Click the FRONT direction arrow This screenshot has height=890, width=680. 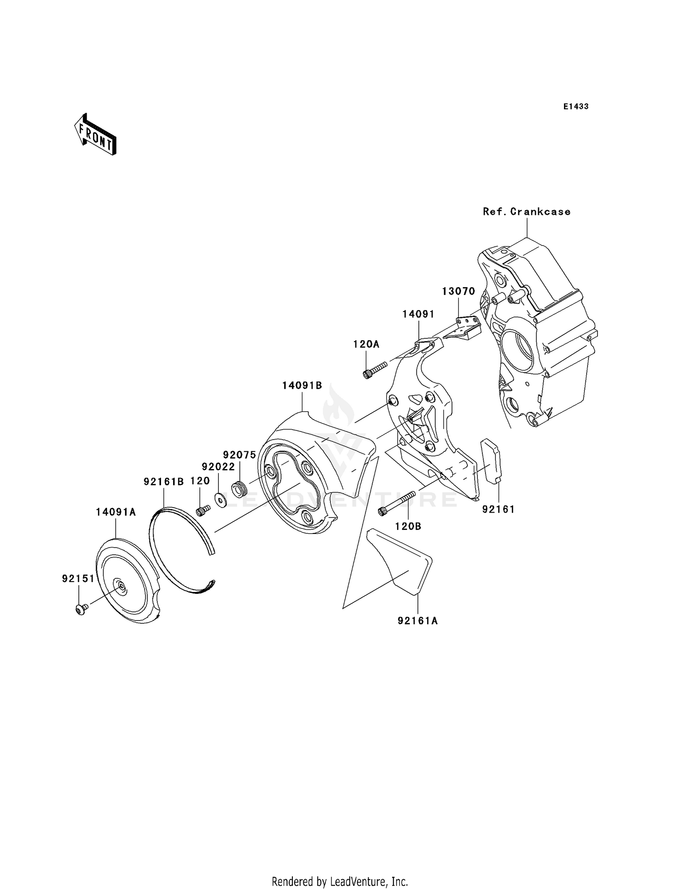(x=96, y=135)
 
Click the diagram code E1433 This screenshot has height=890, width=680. (x=576, y=107)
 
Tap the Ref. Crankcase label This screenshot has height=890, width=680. (x=526, y=212)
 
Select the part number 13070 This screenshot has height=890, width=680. (x=458, y=291)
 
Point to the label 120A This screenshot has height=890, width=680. (x=366, y=344)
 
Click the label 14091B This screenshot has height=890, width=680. (x=302, y=386)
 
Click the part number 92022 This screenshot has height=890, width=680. (x=218, y=467)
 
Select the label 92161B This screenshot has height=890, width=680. (x=164, y=482)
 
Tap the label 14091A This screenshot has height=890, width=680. (x=116, y=512)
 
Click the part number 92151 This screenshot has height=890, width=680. (x=78, y=579)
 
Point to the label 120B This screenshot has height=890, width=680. (x=408, y=526)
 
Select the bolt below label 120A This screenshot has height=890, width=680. (x=374, y=369)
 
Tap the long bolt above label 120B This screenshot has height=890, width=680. (x=396, y=504)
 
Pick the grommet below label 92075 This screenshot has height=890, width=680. (x=240, y=489)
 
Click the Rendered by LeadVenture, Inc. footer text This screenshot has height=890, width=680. (x=340, y=881)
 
